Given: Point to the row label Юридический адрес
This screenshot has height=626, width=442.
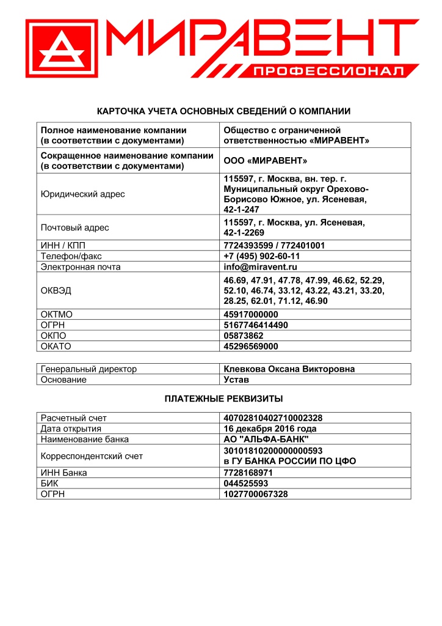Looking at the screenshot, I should tap(82, 194).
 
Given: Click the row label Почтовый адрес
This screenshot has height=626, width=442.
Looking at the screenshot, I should tap(74, 228).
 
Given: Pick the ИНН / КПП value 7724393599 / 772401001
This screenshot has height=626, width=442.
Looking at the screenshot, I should tap(274, 246).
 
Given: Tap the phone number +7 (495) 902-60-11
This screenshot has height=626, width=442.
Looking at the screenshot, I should tap(262, 256).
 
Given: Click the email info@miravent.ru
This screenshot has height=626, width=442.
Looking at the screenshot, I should tap(260, 267).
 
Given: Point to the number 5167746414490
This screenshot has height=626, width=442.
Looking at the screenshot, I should tap(256, 325).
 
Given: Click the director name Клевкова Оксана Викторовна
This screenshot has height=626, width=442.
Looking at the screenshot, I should tap(289, 369).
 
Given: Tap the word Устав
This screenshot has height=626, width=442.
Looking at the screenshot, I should tap(236, 380).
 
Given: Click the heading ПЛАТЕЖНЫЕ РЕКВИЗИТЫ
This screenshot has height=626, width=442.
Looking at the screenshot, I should tap(223, 399).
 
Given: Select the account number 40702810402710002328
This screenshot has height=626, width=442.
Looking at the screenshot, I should tap(273, 418).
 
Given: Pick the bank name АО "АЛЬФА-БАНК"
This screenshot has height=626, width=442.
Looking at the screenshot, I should tap(266, 440).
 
